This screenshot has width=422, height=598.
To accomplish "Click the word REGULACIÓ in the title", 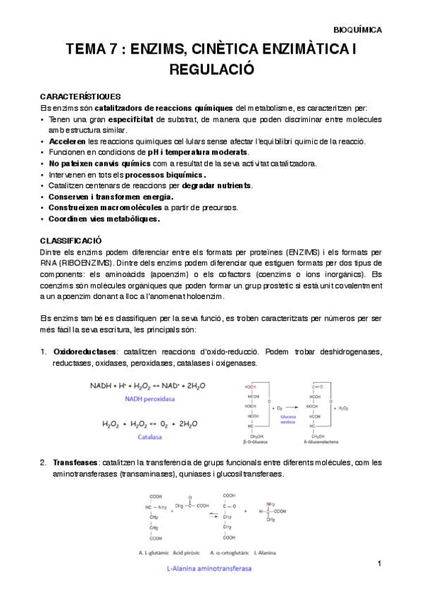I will coord(211,69).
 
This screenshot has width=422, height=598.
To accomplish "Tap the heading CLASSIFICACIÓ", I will coord(72,240).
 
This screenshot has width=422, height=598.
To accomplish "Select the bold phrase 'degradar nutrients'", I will coord(216,185).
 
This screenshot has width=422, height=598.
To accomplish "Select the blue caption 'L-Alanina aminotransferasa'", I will coord(209,568).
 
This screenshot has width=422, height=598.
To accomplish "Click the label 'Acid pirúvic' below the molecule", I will coord(195,552).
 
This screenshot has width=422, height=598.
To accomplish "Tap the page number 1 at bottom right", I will coord(379,564).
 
